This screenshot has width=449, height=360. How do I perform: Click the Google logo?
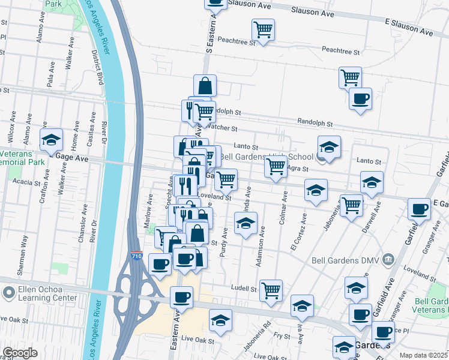click(x=20, y=353)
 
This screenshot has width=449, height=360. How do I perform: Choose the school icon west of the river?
click(x=52, y=141)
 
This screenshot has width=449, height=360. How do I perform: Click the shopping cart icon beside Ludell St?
click(x=271, y=290)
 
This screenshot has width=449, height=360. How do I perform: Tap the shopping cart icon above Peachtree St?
click(x=263, y=29)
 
